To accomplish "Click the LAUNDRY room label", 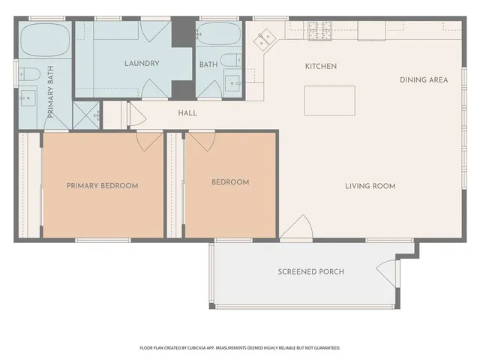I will pyautogui.click(x=142, y=64).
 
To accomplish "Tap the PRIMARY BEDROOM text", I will pyautogui.click(x=102, y=186).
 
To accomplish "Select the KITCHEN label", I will pyautogui.click(x=320, y=67).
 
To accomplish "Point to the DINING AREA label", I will pyautogui.click(x=424, y=79).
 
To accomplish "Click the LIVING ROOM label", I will pyautogui.click(x=370, y=186).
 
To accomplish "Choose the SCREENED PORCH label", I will pyautogui.click(x=310, y=271).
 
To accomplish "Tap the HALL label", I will pyautogui.click(x=187, y=113).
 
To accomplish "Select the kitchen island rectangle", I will pyautogui.click(x=329, y=100).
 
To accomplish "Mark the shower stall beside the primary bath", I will pyautogui.click(x=87, y=117).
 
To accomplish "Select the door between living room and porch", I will pyautogui.click(x=297, y=229).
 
